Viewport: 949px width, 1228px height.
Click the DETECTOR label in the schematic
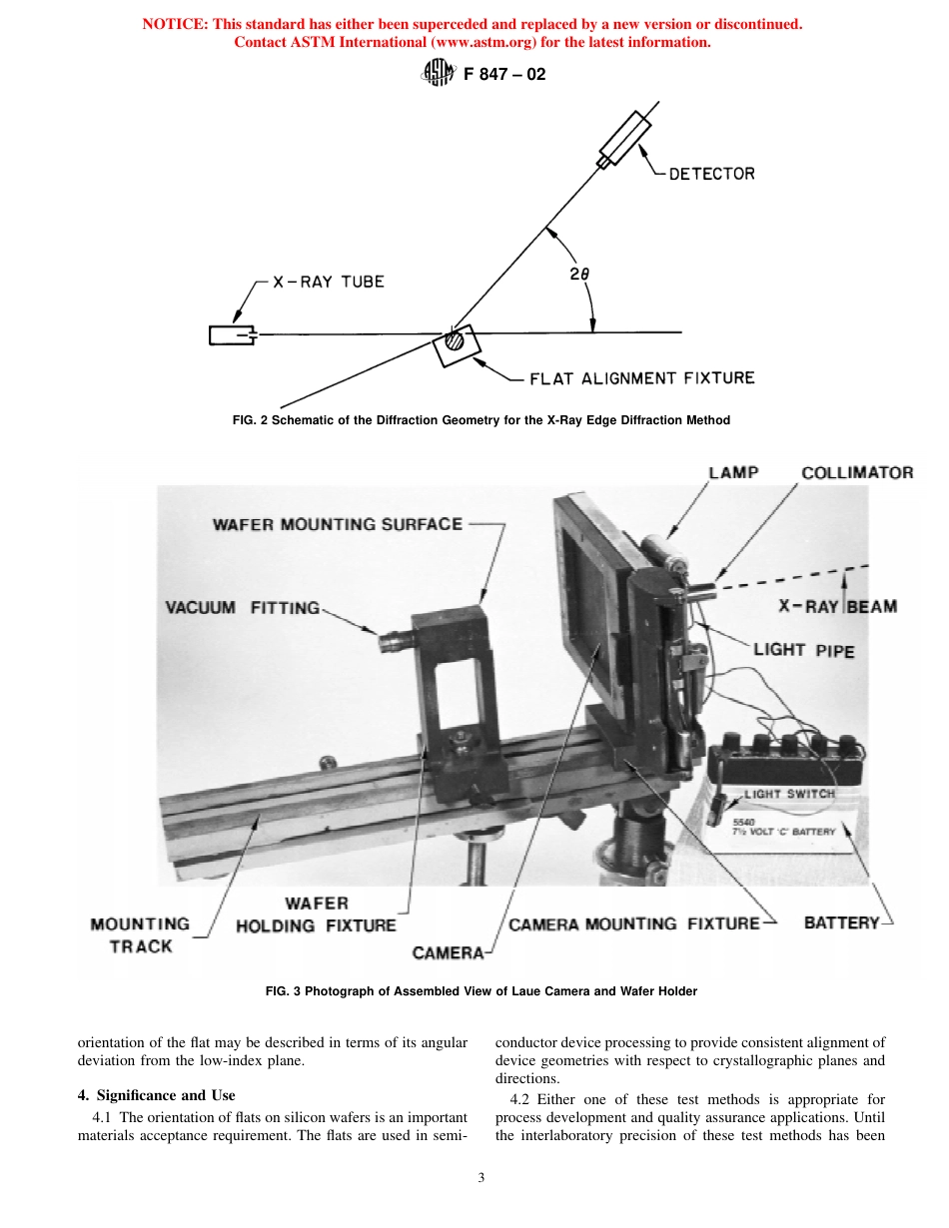(x=711, y=174)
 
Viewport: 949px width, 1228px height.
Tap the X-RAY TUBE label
(x=329, y=282)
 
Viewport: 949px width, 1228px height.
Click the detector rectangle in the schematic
(x=624, y=139)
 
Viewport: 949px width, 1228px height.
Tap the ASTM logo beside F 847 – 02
(x=439, y=74)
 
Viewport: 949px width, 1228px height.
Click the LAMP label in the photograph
(x=732, y=472)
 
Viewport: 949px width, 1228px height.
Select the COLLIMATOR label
(x=857, y=472)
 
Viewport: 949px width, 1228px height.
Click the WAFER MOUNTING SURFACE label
(x=338, y=523)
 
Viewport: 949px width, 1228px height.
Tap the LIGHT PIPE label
(x=803, y=649)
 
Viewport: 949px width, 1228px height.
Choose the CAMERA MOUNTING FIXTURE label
(x=634, y=923)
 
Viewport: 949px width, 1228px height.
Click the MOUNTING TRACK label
(x=140, y=934)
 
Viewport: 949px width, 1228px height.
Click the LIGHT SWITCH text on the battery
(x=789, y=794)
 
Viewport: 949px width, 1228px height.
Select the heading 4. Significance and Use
(x=156, y=1095)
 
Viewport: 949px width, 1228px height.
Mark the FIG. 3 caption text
(x=480, y=991)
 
